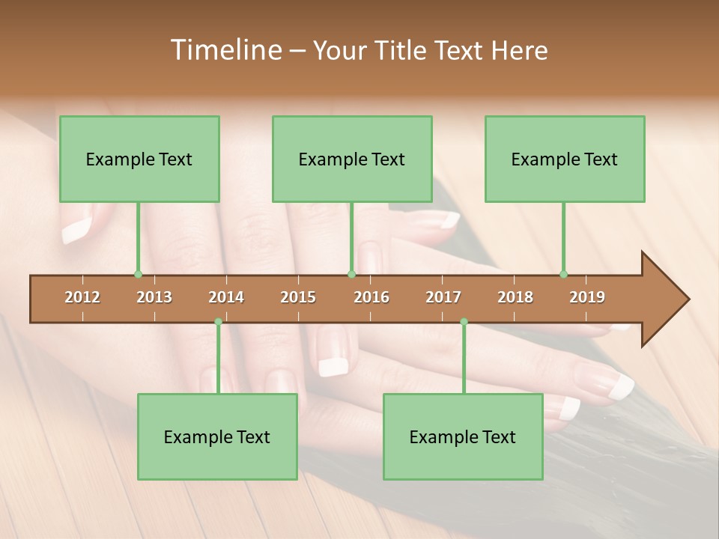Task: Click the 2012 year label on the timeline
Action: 82,297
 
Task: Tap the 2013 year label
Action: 154,297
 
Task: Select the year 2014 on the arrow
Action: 226,297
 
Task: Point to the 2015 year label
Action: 298,297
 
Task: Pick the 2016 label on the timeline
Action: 371,297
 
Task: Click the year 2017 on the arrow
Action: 443,297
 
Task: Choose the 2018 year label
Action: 515,297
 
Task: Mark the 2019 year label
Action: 587,297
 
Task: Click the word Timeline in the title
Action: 224,50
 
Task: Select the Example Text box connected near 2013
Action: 139,159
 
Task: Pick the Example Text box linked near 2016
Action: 352,159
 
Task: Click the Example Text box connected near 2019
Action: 565,159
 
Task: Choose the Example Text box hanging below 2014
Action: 217,436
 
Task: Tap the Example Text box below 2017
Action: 463,436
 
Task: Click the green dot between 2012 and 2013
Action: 138,275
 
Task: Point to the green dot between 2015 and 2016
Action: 351,275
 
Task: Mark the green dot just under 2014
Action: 218,322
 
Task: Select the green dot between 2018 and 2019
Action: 563,275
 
